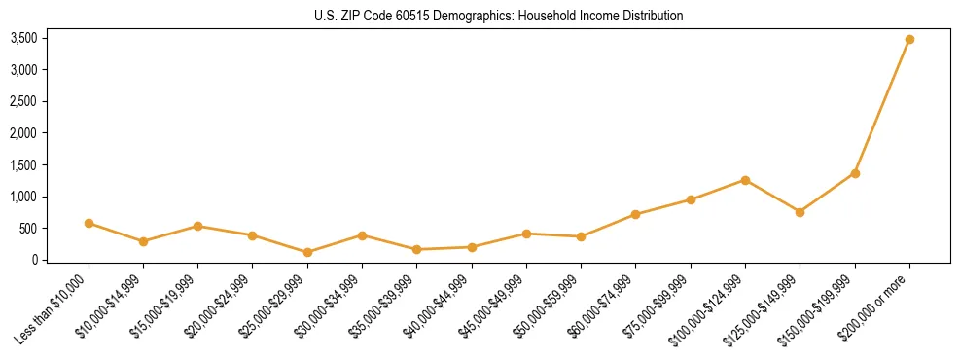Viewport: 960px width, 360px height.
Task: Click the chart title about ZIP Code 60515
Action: (x=498, y=17)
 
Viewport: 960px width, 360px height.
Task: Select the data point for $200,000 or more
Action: (x=909, y=40)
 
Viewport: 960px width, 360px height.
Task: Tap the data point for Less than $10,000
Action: (x=89, y=223)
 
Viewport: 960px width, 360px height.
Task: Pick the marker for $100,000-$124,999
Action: (x=745, y=180)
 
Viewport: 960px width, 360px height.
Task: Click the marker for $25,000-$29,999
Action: (x=307, y=252)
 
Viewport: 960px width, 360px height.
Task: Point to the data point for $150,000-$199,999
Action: (x=855, y=173)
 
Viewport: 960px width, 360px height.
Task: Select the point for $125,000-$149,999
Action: (x=800, y=212)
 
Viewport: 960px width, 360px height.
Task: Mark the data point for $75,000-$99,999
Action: (x=691, y=199)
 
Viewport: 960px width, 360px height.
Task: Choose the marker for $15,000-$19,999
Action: (x=197, y=226)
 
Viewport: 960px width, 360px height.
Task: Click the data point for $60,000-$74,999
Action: (x=635, y=214)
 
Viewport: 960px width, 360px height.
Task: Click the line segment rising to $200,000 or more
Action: (x=882, y=107)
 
